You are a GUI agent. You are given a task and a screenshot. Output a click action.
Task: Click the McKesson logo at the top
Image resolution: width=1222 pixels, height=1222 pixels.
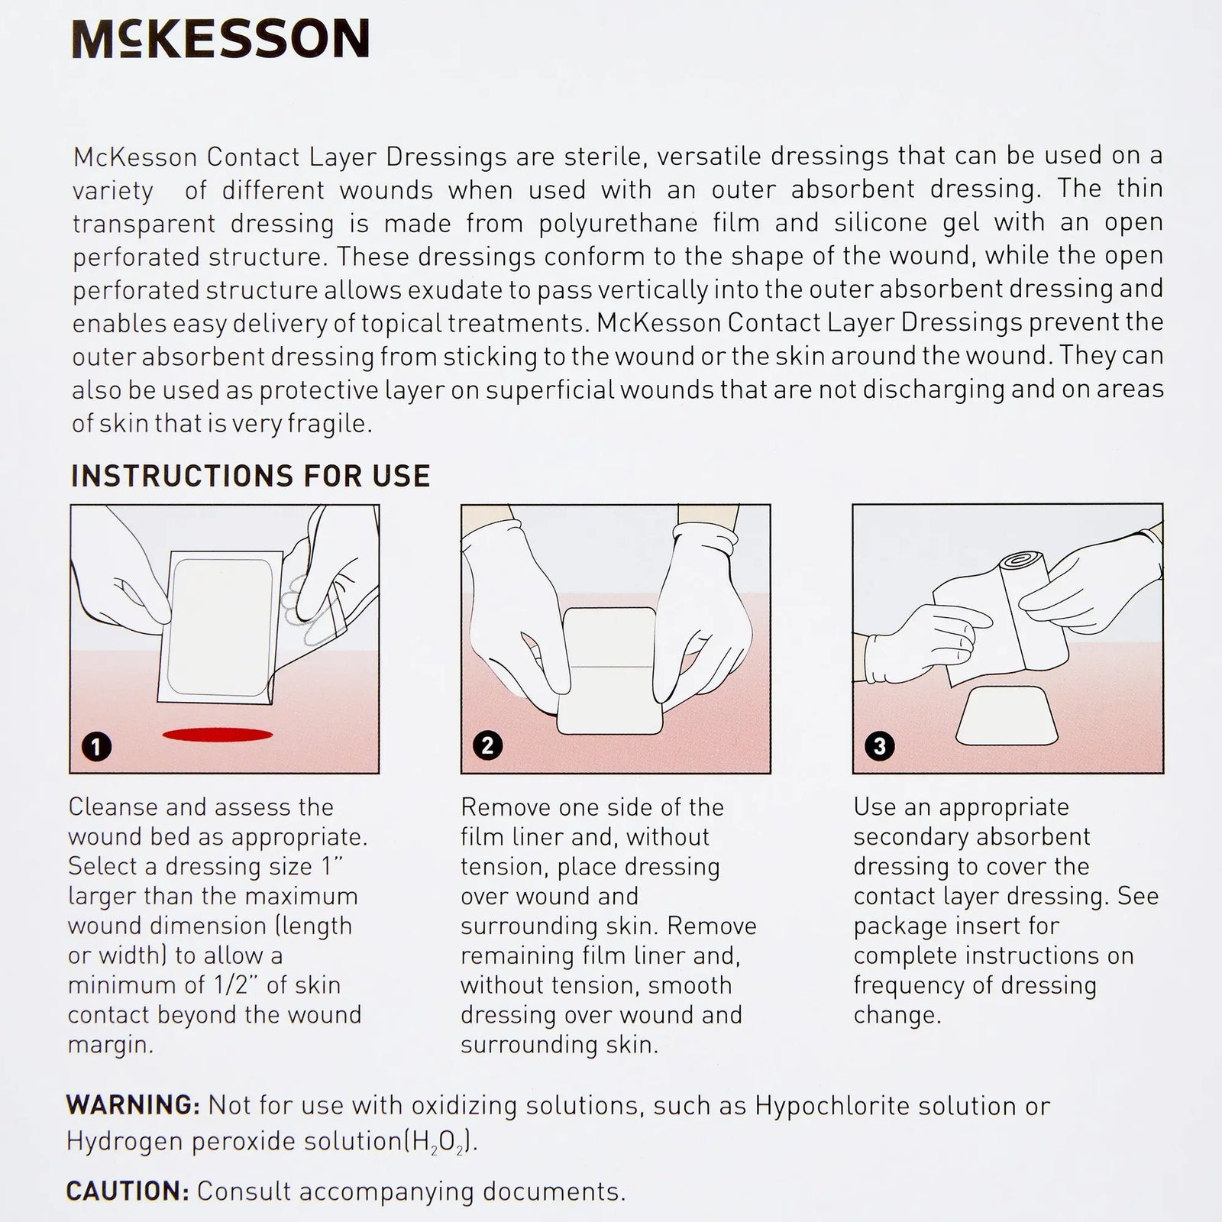coord(221,40)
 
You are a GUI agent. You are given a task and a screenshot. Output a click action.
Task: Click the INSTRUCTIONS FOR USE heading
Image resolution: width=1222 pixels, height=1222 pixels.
coord(251,476)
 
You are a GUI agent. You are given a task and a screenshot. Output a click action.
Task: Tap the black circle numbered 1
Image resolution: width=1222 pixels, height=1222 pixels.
coord(96,746)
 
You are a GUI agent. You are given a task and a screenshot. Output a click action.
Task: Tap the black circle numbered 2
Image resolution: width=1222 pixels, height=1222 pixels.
coord(488,745)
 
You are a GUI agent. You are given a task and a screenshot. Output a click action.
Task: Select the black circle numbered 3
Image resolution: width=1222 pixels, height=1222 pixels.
coord(879,745)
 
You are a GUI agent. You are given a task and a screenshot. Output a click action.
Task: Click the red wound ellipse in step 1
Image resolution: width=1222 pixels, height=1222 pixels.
coord(218,735)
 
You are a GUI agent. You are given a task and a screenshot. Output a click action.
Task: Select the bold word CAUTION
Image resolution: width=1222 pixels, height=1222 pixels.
coord(127,1191)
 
